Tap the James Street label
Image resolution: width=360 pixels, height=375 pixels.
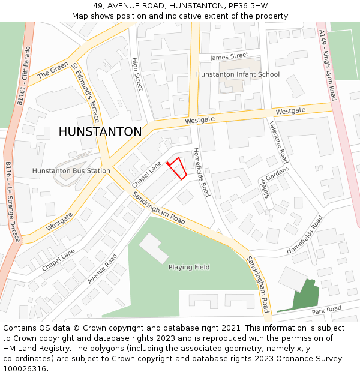[x=229, y=56]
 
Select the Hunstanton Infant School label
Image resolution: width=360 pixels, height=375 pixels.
[x=238, y=74]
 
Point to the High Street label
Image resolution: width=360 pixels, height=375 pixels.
[x=137, y=74]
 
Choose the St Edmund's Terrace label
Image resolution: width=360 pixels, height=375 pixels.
[x=85, y=93]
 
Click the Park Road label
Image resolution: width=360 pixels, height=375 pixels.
[x=326, y=309]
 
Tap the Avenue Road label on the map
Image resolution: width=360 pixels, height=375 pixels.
[x=102, y=269]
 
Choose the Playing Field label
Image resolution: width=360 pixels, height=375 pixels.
[x=189, y=267]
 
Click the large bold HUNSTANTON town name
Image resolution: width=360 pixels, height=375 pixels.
[x=100, y=131]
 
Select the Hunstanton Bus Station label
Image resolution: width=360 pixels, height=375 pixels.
[x=71, y=171]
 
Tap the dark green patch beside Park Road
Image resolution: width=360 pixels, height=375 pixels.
[x=303, y=295]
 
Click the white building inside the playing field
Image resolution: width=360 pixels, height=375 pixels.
[x=154, y=248]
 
